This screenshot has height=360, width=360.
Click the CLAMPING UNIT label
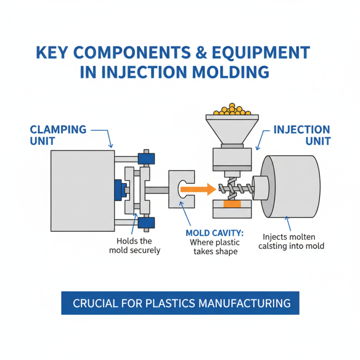(x=58, y=135)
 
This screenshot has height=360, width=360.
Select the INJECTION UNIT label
(x=301, y=135)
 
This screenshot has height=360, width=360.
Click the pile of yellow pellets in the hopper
(x=232, y=109)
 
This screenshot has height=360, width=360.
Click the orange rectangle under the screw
(x=232, y=204)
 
